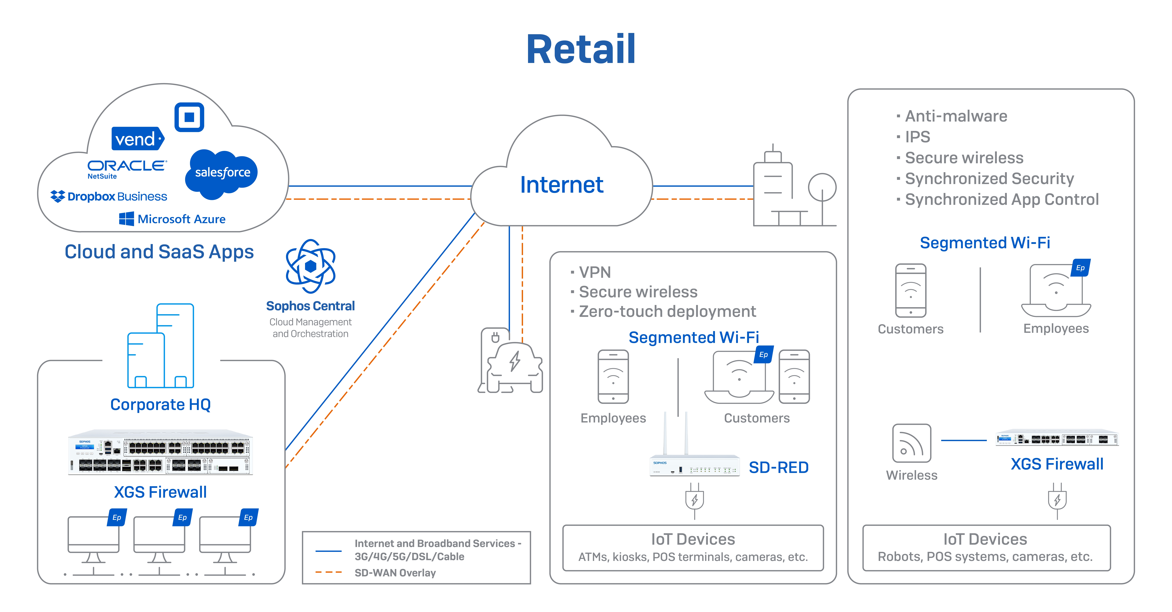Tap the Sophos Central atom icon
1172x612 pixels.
point(311,266)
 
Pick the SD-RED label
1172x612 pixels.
point(779,467)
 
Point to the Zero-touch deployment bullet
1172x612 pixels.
point(667,312)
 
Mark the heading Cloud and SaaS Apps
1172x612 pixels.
point(159,252)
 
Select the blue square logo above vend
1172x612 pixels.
point(189,117)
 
